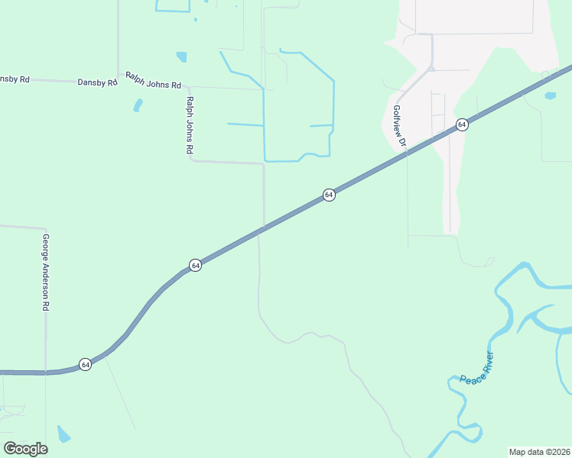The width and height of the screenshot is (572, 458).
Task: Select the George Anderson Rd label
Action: [45, 272]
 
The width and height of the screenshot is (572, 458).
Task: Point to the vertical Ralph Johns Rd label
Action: [188, 125]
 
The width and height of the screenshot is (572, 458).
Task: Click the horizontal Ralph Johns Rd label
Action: [153, 81]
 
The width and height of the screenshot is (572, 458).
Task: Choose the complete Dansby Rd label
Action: [97, 82]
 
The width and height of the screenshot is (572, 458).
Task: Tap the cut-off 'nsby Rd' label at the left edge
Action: [14, 78]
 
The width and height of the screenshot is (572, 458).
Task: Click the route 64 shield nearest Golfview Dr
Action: [461, 124]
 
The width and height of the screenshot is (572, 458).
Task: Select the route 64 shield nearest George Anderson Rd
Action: [85, 364]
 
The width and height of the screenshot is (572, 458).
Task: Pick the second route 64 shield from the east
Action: [328, 195]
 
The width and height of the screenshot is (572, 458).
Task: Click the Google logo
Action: [25, 448]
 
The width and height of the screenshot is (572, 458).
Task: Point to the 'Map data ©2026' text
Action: [539, 452]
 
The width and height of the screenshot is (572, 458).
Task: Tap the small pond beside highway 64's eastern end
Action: [550, 96]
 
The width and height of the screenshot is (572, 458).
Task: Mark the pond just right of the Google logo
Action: [63, 435]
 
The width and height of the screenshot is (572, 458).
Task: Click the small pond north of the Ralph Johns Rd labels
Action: [181, 56]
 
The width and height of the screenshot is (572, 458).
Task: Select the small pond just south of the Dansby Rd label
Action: [138, 105]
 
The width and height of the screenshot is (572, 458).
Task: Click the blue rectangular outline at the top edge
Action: [172, 6]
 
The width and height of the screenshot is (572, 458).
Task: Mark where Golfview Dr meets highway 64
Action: [405, 153]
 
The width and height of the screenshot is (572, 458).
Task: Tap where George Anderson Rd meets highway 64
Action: [46, 373]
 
